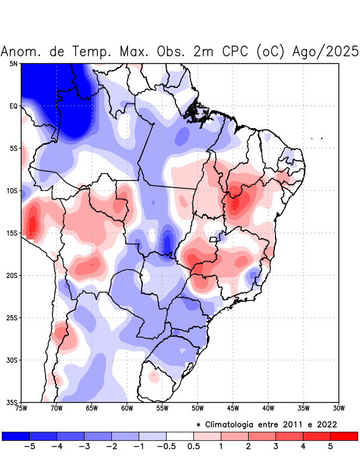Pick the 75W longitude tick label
[22, 408]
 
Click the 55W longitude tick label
[163, 408]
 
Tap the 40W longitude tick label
[269, 408]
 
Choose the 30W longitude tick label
[339, 408]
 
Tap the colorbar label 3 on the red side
[276, 446]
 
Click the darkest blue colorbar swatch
[16, 436]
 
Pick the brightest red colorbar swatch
[344, 436]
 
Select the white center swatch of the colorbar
[180, 436]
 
